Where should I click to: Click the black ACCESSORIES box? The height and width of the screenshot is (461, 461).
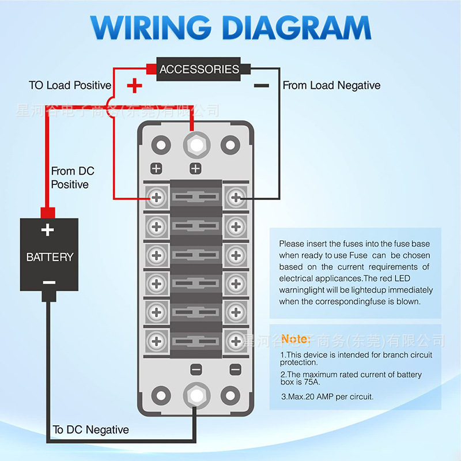(199, 69)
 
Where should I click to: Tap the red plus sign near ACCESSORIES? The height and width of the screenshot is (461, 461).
(134, 86)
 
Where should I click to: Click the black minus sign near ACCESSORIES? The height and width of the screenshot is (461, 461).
(261, 86)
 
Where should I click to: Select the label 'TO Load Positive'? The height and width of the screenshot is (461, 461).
(70, 85)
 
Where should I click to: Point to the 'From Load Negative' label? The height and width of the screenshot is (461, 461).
(331, 85)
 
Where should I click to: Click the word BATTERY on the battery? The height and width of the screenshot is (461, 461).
(50, 257)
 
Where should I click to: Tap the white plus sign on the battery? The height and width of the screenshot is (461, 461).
(48, 231)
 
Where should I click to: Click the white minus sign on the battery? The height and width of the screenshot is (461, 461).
(49, 282)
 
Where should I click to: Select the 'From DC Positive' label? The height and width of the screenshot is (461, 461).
(71, 177)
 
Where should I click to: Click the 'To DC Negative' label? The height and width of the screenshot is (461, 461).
(90, 430)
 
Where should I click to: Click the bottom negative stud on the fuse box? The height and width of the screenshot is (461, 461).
(196, 396)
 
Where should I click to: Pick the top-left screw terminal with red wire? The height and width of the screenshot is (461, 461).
(156, 198)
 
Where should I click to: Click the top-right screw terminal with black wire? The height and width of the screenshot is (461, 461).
(235, 198)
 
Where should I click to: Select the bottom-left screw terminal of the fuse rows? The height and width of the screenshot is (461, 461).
(156, 339)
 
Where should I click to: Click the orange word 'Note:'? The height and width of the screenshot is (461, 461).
(296, 339)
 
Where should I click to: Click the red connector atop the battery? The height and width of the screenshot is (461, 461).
(47, 211)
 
